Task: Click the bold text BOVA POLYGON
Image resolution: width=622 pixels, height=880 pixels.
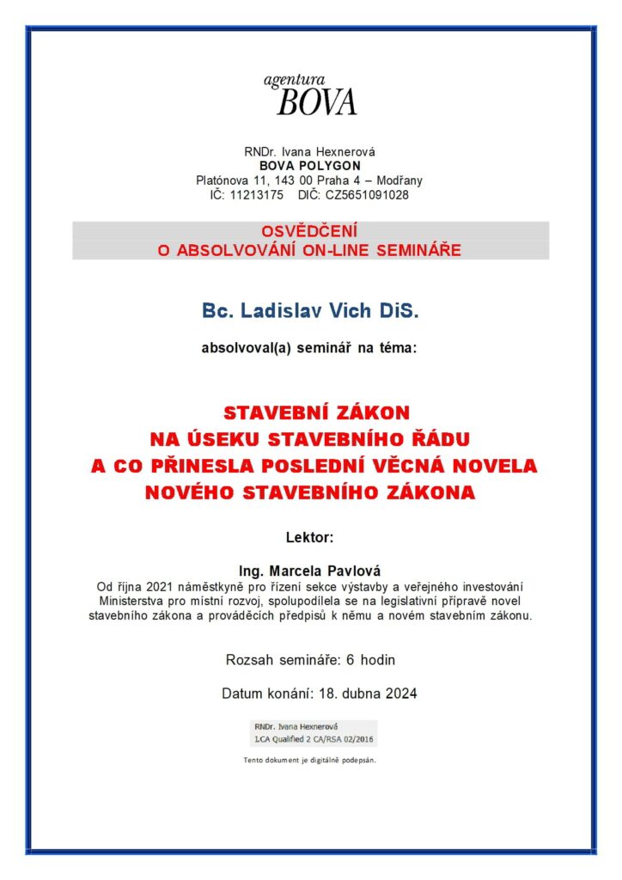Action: click(310, 166)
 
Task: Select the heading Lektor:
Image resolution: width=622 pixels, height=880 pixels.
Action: click(309, 538)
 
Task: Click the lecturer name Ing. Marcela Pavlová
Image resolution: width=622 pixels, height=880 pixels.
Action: click(309, 571)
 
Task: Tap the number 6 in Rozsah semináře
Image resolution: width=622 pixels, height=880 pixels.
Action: click(350, 661)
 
